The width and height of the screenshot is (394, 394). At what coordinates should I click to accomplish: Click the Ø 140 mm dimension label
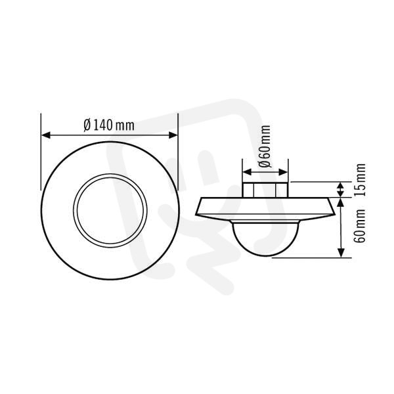tap(109, 125)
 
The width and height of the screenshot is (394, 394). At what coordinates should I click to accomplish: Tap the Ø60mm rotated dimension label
tap(265, 146)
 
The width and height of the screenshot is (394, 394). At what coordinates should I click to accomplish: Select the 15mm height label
tap(360, 180)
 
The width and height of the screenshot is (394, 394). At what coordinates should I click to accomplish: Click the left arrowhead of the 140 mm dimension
tap(46, 135)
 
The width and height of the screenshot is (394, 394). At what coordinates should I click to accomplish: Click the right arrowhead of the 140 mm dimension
tap(173, 135)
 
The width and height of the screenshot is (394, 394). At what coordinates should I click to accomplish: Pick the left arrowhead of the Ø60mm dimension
tap(248, 172)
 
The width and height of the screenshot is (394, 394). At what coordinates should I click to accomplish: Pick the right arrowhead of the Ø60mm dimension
tap(283, 172)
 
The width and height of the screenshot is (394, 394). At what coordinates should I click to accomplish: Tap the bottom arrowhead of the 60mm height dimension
tap(341, 253)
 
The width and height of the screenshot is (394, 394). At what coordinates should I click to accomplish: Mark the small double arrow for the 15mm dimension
tap(340, 190)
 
